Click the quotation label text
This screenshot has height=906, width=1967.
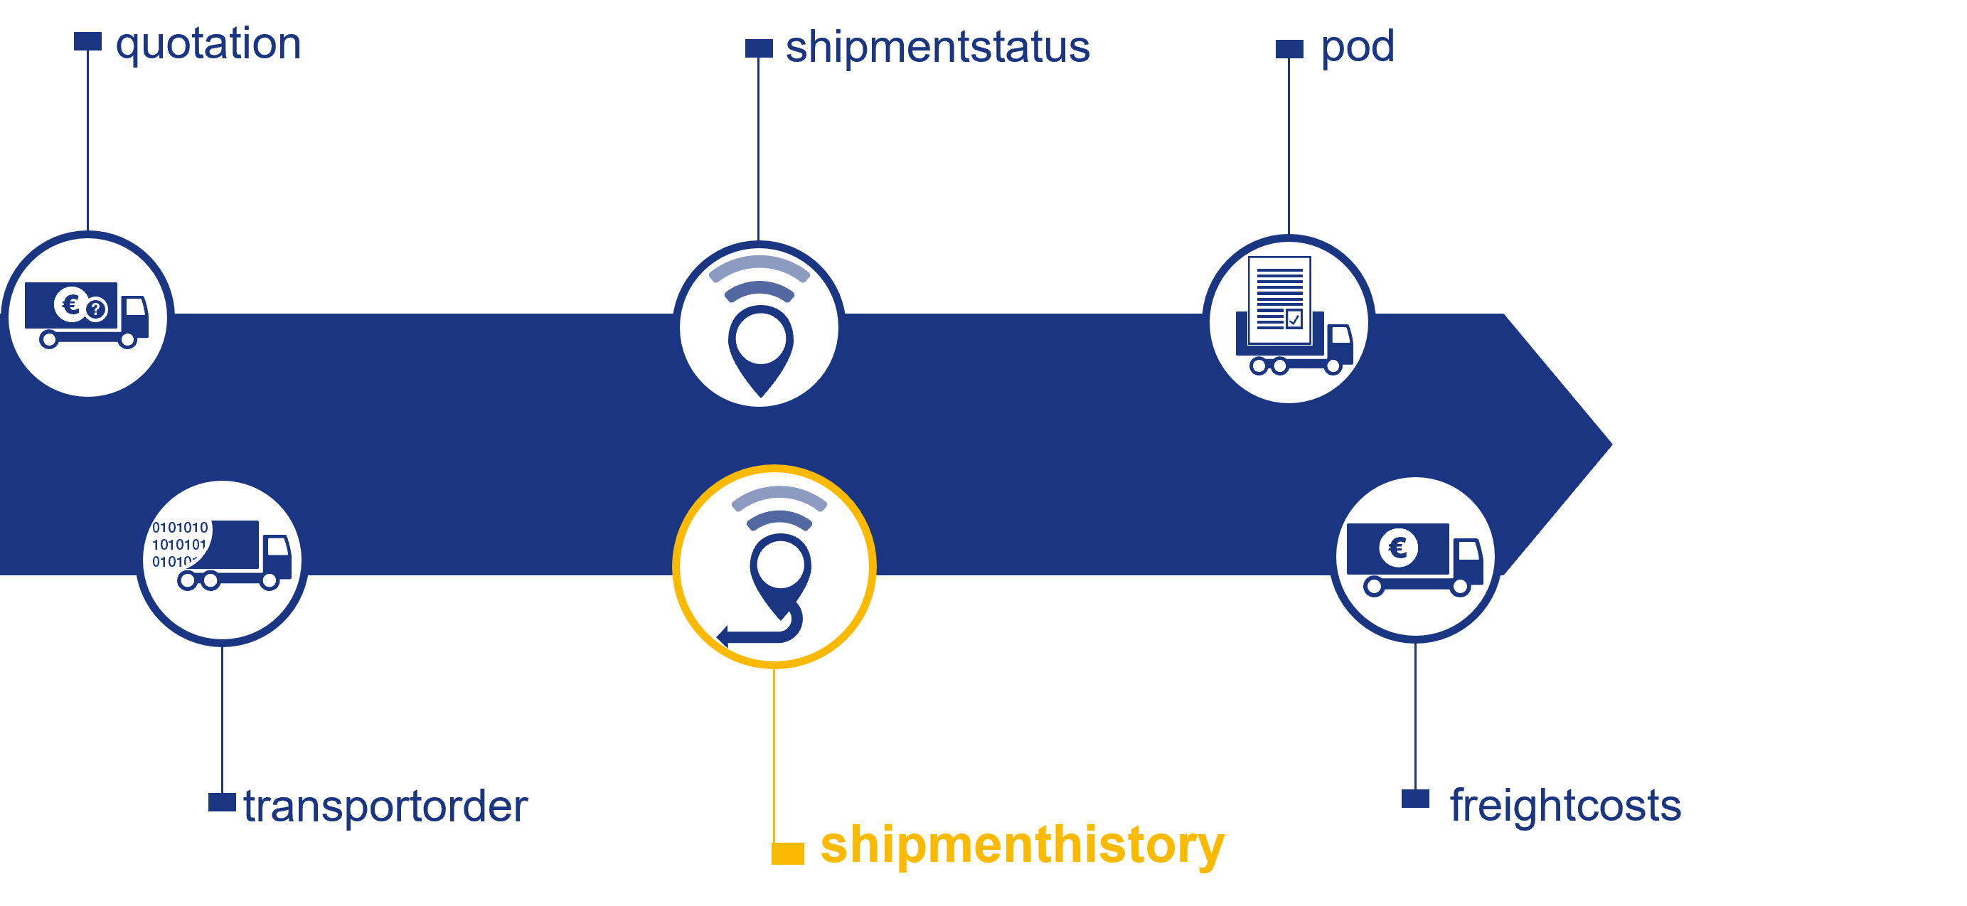tap(208, 44)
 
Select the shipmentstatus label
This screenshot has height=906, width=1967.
tap(937, 48)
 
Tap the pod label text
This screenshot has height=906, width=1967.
tap(1357, 48)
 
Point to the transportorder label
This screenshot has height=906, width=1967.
tap(385, 806)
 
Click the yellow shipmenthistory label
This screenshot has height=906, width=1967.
tap(1022, 845)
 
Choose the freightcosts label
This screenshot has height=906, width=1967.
tap(1565, 805)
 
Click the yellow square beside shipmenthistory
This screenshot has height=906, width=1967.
tap(787, 853)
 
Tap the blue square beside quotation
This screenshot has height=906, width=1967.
tap(87, 41)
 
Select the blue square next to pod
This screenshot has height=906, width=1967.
tap(1289, 49)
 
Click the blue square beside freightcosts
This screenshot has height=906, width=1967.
tap(1415, 799)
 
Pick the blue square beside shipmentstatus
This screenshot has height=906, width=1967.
tap(758, 48)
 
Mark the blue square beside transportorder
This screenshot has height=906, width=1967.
tap(221, 802)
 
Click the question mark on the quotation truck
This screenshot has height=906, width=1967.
tap(95, 309)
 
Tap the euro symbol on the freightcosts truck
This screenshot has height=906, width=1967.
tap(1398, 547)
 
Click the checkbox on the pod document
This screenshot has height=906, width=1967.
tap(1294, 319)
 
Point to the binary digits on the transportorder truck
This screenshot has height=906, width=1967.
tap(179, 543)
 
